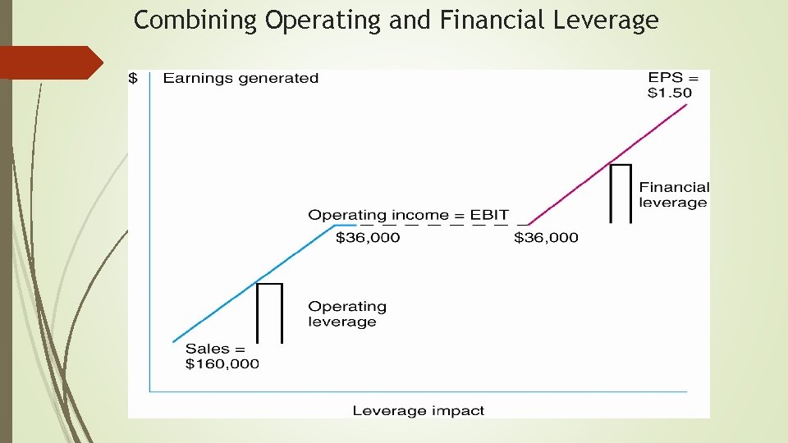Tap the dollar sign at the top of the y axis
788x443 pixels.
[133, 79]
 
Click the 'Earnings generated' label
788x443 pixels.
[241, 79]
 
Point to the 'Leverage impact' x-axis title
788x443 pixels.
[419, 410]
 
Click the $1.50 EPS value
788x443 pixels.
[670, 93]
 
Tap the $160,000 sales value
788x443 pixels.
[222, 363]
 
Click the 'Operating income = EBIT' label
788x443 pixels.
[408, 215]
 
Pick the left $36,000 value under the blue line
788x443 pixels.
[369, 238]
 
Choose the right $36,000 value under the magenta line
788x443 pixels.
[546, 238]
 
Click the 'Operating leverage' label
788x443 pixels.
[347, 313]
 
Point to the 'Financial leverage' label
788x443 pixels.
[674, 195]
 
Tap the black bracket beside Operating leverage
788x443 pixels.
[269, 312]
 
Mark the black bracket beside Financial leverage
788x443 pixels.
[621, 193]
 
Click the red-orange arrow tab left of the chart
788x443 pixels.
[49, 62]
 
